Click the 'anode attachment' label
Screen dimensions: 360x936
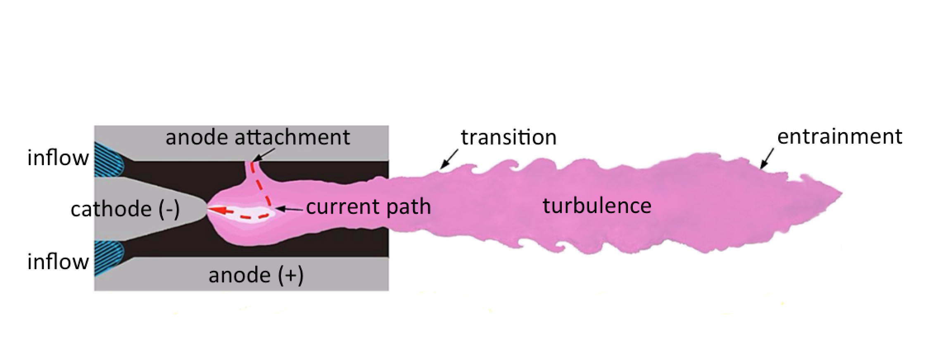coord(258,137)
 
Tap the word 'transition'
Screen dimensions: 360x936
coord(508,137)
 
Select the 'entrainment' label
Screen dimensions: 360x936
coord(839,137)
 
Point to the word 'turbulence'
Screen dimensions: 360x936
coord(596,206)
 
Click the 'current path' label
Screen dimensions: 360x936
coord(368,206)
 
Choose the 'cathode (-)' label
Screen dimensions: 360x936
coord(125,209)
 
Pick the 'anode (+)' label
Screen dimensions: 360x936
coord(256,275)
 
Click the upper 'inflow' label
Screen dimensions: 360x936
coord(58,158)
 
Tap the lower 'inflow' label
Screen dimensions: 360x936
coord(58,262)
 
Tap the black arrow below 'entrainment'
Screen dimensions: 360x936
coord(767,159)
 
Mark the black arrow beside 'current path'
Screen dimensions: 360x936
coord(290,210)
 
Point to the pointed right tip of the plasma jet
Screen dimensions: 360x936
coord(841,193)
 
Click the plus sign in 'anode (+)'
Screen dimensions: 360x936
coord(290,275)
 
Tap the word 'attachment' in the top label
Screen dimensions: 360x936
coord(292,137)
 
